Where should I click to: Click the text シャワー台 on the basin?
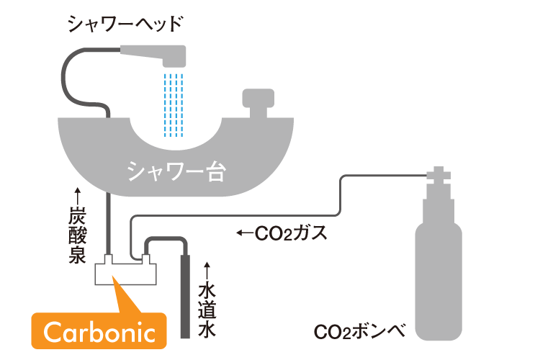tap(176, 169)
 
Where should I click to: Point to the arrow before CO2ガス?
tap(245, 233)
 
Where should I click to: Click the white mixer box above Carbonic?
tap(127, 272)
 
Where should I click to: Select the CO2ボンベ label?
tap(360, 333)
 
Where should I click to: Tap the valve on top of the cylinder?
tap(438, 177)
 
